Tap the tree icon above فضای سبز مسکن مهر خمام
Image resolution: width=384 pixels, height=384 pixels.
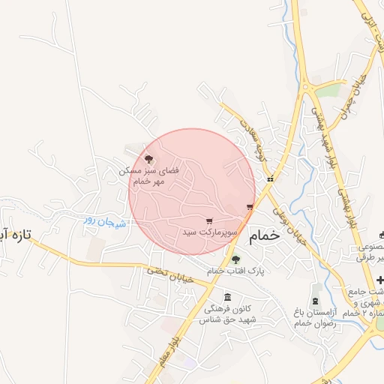pos(149,159)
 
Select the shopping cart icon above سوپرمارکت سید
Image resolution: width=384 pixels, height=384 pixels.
pos(209,221)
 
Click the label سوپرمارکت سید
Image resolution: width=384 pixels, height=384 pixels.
pos(210,233)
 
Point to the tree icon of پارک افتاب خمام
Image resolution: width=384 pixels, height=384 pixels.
pos(235,259)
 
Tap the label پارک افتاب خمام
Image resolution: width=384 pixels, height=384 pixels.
pos(229,270)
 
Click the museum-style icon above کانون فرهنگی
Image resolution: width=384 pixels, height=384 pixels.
pos(227,297)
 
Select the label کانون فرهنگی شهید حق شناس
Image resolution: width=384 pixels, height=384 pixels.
pos(228,314)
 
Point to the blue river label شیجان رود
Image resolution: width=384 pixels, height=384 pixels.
pos(103,220)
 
